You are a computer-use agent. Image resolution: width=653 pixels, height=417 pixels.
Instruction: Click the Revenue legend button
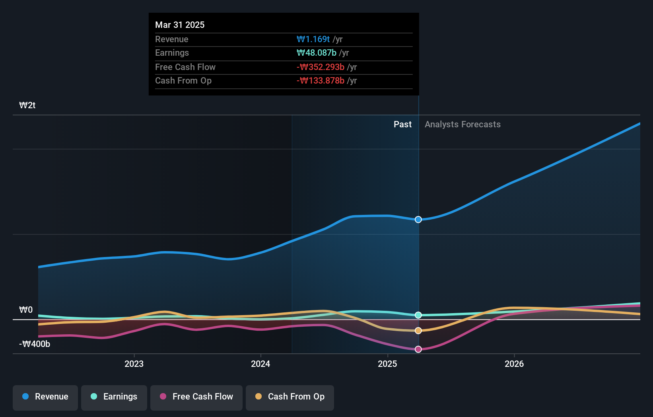tap(45, 397)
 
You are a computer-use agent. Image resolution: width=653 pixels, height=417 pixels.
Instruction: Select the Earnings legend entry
tap(114, 397)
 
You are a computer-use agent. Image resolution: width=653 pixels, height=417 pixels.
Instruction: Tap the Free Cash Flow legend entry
tap(196, 397)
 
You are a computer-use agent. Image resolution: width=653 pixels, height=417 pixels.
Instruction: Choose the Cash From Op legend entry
tap(290, 397)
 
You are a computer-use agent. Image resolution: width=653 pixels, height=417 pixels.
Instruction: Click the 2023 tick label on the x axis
tap(134, 364)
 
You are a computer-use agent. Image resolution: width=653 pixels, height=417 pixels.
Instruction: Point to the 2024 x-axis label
tap(260, 364)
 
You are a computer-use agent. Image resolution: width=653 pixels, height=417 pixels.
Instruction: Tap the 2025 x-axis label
tap(387, 364)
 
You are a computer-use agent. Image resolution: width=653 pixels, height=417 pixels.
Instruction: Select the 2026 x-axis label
tap(514, 364)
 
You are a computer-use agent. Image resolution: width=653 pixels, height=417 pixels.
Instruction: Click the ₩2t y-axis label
tap(27, 105)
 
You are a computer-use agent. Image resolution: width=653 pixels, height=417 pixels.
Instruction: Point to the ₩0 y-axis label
tap(26, 310)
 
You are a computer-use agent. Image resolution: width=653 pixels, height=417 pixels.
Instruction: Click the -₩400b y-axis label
tap(35, 344)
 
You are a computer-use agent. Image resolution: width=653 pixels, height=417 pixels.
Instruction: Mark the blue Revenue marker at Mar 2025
tap(418, 220)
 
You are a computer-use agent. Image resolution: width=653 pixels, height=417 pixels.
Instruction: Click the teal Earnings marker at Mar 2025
tap(418, 315)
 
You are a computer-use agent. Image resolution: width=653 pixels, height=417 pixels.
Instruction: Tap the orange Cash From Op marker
tap(418, 331)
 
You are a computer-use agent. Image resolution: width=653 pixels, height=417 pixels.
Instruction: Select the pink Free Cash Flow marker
tap(418, 349)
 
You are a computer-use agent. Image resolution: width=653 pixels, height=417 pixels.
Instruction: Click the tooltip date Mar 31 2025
tap(180, 25)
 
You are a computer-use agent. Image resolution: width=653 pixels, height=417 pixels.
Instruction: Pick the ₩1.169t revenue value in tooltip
tap(313, 39)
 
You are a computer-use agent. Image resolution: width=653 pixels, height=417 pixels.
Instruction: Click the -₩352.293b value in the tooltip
tap(321, 67)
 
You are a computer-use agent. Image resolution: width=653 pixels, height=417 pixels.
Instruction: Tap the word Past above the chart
tap(402, 125)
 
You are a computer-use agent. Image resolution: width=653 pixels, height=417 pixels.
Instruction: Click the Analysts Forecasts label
tap(463, 125)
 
